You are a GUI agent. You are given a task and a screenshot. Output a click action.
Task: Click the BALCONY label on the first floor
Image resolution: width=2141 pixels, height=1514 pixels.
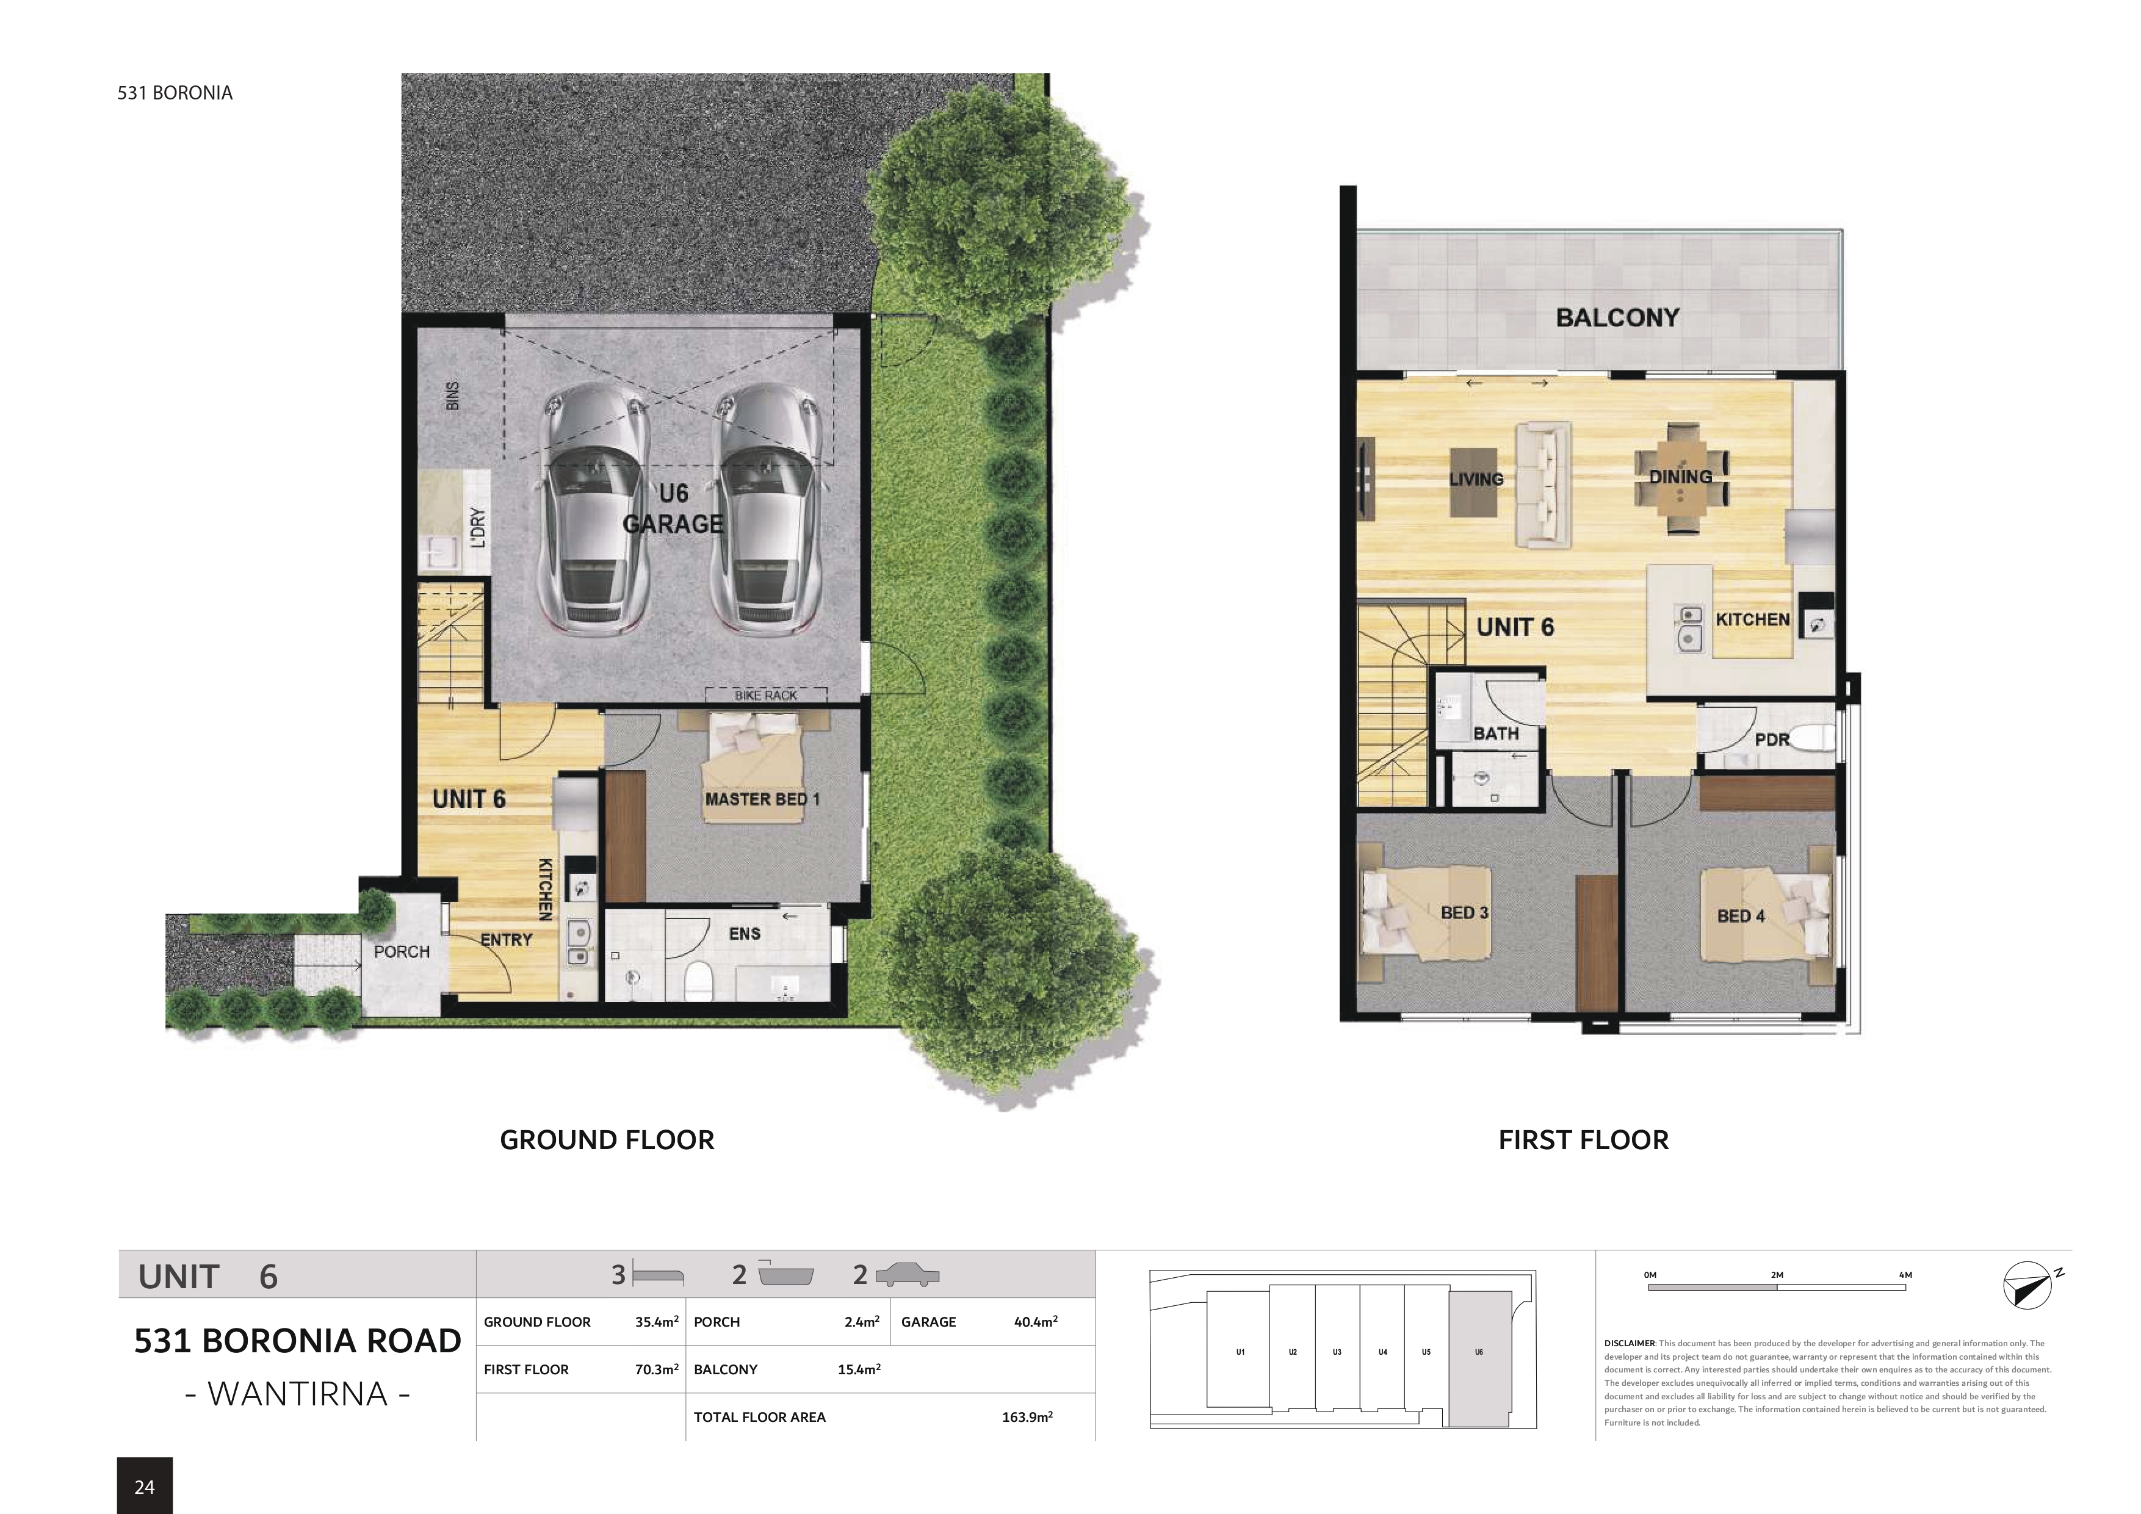(1617, 318)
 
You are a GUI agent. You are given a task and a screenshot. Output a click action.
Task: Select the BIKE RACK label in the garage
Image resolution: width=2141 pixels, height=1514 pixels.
(765, 696)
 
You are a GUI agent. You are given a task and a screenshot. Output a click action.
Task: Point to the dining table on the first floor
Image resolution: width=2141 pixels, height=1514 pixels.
(1681, 477)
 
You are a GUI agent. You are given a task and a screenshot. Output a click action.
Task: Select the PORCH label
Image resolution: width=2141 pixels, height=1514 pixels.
(402, 952)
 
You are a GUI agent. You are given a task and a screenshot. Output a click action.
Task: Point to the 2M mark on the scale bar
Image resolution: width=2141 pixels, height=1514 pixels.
(1777, 1275)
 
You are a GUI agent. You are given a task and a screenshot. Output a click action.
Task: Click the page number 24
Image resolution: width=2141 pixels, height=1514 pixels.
(145, 1487)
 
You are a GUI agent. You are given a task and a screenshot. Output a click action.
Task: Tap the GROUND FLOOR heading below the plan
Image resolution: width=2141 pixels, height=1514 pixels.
(607, 1140)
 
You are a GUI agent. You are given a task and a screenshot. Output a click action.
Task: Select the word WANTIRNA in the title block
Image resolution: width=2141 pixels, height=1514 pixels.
(297, 1394)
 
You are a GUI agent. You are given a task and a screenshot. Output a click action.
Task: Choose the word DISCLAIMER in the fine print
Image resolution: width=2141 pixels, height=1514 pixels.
(1629, 1343)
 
